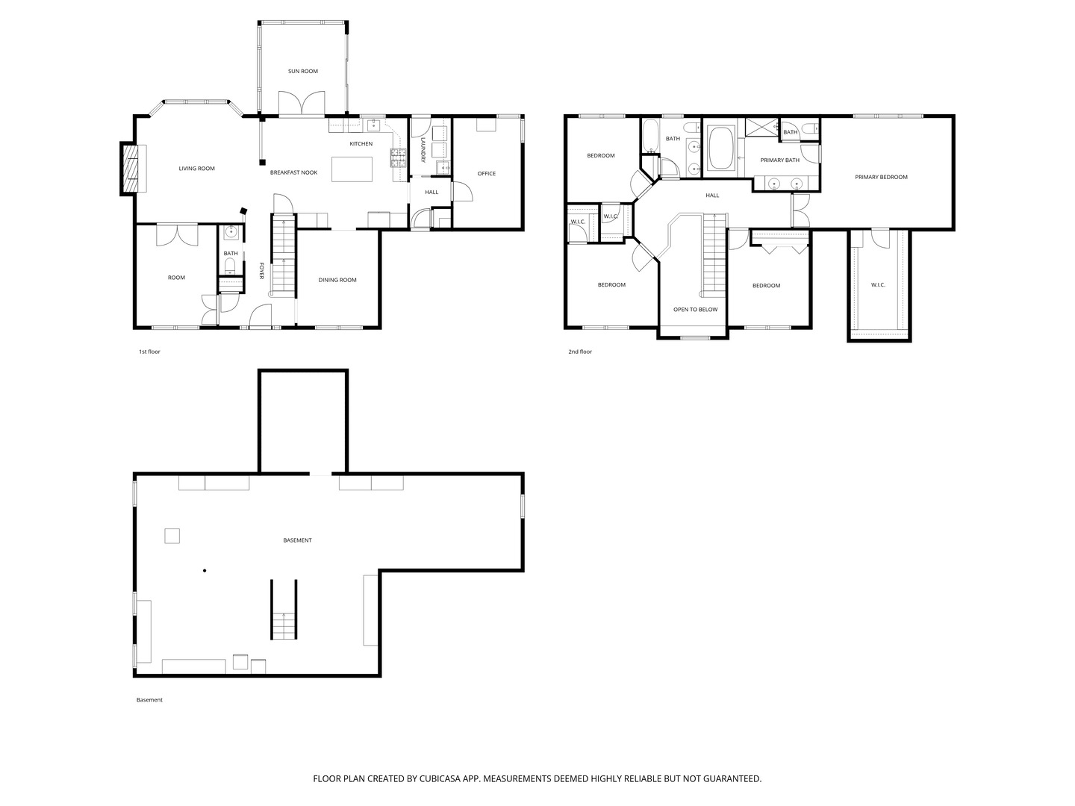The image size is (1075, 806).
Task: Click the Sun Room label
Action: coord(302,72)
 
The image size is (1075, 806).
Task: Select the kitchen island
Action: coord(352,169)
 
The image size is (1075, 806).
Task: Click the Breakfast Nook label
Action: coord(294,172)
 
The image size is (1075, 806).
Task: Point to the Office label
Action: coord(486,174)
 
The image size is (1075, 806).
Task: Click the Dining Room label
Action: coord(337,281)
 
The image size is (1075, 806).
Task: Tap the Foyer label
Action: coord(261,271)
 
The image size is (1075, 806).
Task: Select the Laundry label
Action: coord(423,149)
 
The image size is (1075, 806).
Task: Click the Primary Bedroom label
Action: coord(881,177)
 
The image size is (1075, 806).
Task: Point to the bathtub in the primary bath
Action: coord(721,149)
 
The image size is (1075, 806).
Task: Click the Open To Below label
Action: coord(696,310)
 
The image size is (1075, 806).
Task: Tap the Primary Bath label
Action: coord(779,160)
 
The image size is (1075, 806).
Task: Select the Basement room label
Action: coord(297,540)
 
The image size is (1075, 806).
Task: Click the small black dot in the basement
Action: coord(205,571)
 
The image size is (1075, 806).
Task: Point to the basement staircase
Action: coord(284,609)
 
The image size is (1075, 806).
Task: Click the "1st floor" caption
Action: coord(149,352)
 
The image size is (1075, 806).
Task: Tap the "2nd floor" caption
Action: coord(580,352)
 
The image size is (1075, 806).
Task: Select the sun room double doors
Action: coord(302,103)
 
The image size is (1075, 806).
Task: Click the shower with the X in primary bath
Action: coord(762,127)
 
